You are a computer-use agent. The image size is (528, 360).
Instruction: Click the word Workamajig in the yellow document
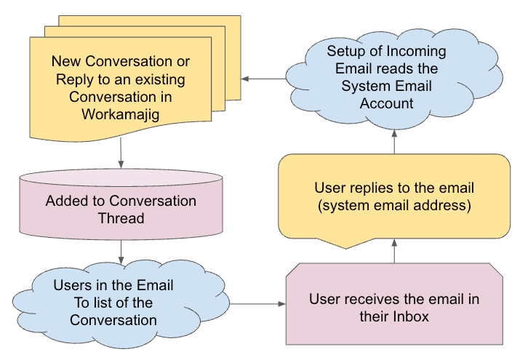click(120, 115)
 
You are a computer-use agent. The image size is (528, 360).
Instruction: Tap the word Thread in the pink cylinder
click(121, 218)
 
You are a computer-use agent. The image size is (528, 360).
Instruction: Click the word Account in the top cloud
click(387, 103)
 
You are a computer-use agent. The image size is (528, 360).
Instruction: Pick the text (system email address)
click(394, 206)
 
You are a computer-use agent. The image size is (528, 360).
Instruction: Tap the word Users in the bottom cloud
click(73, 285)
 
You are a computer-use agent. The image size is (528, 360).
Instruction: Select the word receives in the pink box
click(373, 299)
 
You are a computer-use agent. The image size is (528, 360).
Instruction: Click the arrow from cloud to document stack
click(264, 79)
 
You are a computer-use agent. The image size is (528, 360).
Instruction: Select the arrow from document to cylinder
click(121, 153)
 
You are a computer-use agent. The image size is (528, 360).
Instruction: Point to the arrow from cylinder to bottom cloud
click(121, 252)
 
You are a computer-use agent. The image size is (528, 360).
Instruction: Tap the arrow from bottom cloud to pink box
click(257, 304)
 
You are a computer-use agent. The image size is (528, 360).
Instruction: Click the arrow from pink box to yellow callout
click(394, 251)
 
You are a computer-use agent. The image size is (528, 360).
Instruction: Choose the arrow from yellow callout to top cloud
click(394, 142)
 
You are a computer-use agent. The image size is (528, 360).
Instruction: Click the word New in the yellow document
click(66, 61)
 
